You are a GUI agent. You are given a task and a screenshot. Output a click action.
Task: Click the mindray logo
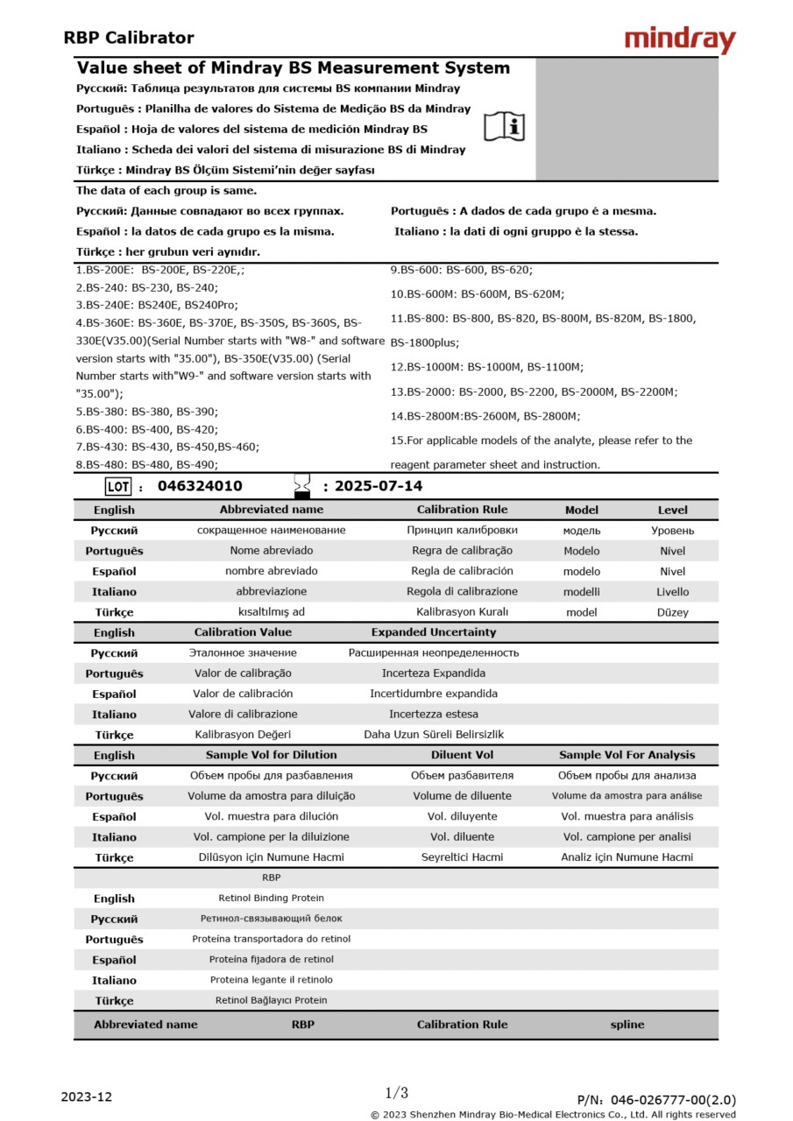[x=680, y=39]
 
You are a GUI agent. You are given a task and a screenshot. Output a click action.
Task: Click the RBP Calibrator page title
[x=129, y=38]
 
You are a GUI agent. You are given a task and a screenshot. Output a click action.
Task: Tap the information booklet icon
[x=505, y=127]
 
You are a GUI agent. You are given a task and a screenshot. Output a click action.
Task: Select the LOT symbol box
[x=117, y=487]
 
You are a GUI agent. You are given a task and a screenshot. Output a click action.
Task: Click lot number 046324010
[x=200, y=486]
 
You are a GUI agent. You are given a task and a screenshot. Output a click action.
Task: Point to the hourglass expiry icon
[x=302, y=486]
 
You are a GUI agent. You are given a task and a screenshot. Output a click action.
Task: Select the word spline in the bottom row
[x=627, y=1024]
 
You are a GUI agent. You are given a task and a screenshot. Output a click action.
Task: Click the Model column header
[x=582, y=510]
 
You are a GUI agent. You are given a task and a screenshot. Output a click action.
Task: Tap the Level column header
[x=672, y=510]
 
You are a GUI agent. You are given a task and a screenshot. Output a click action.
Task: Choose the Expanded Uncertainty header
[x=433, y=632]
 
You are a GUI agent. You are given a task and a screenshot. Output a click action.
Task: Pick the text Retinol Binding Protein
[x=271, y=899]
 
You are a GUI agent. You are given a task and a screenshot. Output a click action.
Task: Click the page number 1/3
[x=396, y=1093]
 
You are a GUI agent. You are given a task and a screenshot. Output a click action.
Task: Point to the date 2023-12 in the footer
[x=87, y=1096]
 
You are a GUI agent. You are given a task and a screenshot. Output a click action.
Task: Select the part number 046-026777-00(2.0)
[x=673, y=1100]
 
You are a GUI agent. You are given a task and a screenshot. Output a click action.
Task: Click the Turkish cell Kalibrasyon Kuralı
[x=462, y=612]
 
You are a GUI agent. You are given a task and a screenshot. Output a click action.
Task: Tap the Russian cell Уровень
[x=672, y=531]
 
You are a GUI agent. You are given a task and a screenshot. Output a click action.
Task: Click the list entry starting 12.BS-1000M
[x=487, y=367]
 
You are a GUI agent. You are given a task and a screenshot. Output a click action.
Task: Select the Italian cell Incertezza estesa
[x=433, y=715]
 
